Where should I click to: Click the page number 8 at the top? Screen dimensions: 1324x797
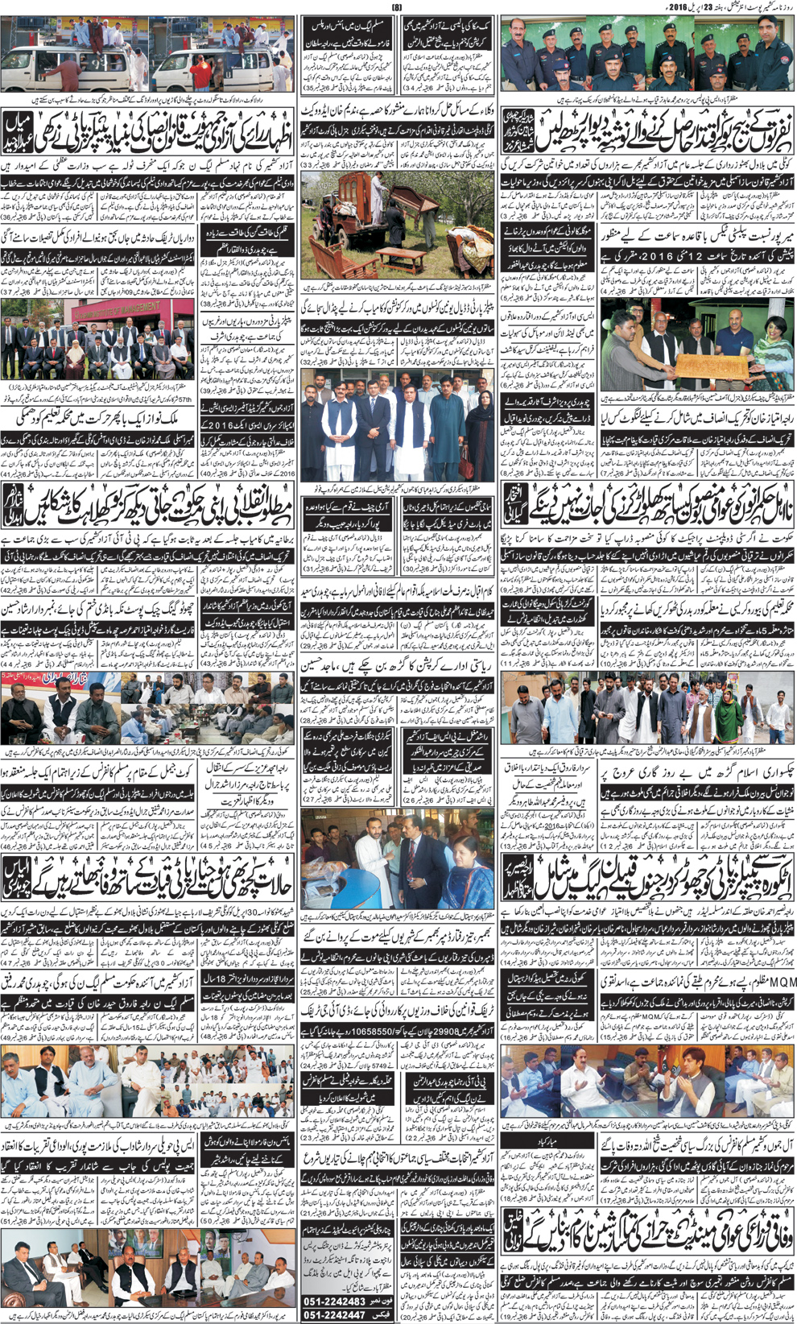coord(396,8)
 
